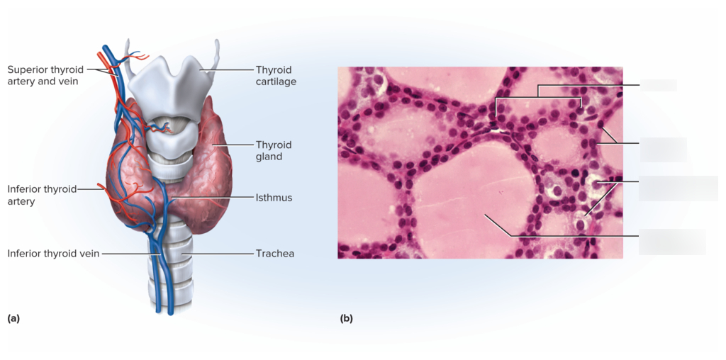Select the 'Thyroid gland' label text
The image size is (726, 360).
pos(274,150)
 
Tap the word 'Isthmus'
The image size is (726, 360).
pos(274,198)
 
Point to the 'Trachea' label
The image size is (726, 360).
pos(275,254)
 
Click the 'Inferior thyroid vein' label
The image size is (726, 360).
pos(53,254)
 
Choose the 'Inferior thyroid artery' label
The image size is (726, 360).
pos(42,195)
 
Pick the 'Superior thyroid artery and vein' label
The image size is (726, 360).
pos(45,75)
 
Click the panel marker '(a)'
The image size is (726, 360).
pos(13,318)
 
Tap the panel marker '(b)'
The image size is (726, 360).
pos(346,318)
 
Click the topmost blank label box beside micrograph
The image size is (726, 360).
pos(659,85)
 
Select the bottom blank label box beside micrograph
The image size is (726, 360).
pos(672,242)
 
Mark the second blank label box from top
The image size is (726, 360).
pos(663,150)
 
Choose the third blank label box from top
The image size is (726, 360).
pos(678,189)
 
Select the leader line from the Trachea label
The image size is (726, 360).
pos(220,254)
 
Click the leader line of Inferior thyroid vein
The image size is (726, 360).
pos(131,254)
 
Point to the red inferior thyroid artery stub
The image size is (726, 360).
pos(103,186)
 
